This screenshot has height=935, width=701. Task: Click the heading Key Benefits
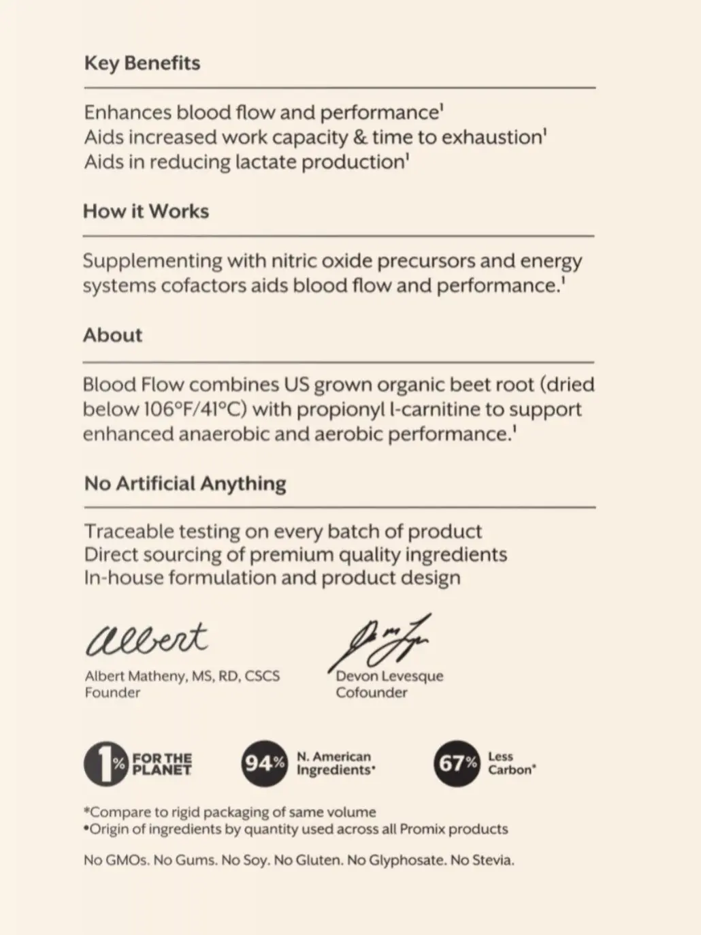point(142,63)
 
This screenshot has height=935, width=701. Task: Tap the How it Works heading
point(146,211)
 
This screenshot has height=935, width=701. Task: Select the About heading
point(113,335)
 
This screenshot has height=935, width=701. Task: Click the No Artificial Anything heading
point(185,484)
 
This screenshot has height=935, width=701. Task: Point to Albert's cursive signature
point(146,639)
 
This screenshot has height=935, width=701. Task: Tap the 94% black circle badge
point(264,763)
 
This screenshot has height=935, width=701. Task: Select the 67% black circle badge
point(457,763)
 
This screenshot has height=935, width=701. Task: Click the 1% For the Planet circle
point(105,763)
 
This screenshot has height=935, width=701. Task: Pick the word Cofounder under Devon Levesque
point(372,693)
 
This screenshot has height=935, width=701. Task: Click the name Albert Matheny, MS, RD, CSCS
point(182,676)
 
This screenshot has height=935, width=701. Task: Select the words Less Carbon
point(511,763)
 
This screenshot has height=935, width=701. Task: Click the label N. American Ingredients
point(335,763)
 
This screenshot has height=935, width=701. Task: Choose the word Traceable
point(128,531)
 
